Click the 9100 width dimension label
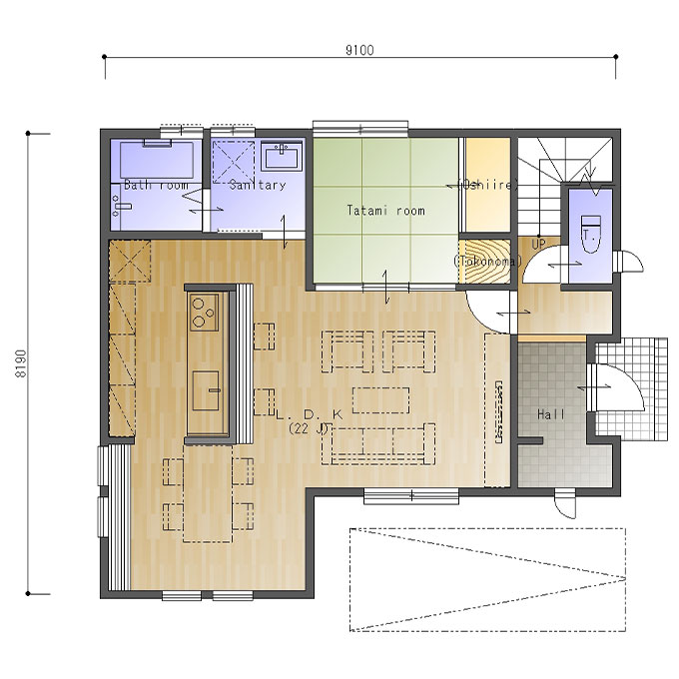[x=359, y=50]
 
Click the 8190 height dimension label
[x=21, y=363]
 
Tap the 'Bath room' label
[x=156, y=186]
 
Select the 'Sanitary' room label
[x=258, y=186]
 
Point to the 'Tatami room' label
[x=385, y=211]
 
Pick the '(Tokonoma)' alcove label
[x=487, y=262]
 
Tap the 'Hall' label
[x=551, y=414]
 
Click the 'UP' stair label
[x=538, y=245]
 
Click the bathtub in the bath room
[x=157, y=159]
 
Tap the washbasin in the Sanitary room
[x=282, y=157]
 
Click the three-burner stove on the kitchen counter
[x=204, y=312]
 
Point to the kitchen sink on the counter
[x=207, y=390]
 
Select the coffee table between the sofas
[x=381, y=400]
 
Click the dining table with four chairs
[x=208, y=494]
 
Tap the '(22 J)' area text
[x=310, y=429]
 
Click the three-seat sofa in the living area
[x=378, y=444]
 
